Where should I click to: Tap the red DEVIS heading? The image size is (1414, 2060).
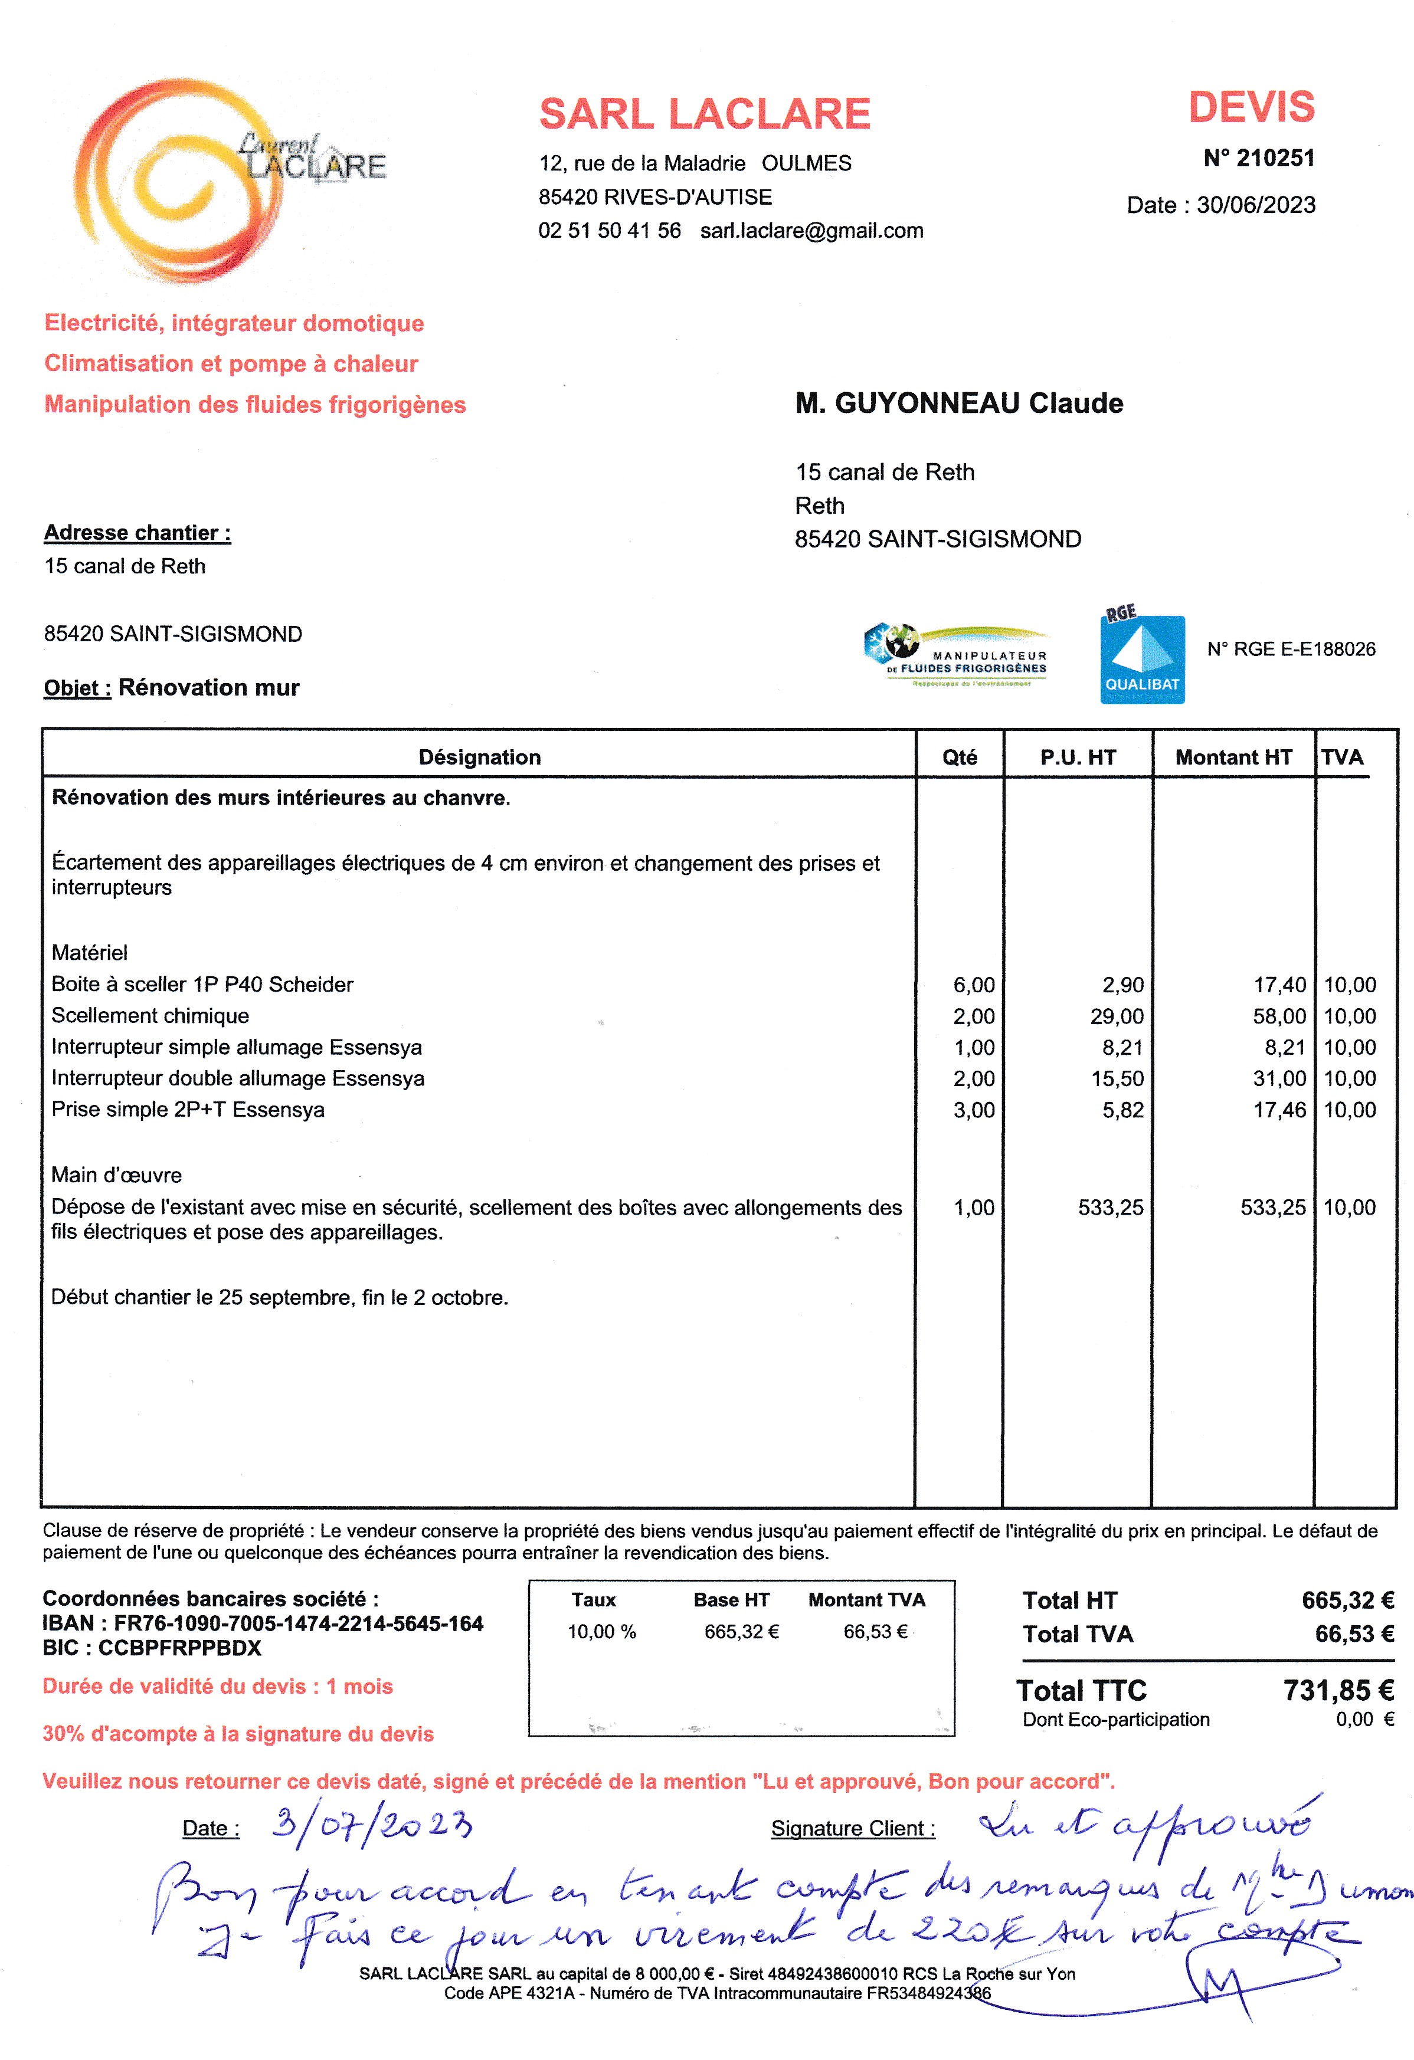point(1251,107)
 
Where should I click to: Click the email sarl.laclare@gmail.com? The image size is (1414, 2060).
point(811,231)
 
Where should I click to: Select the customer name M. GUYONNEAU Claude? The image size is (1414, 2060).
point(958,404)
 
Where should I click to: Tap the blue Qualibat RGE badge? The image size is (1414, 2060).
point(1142,658)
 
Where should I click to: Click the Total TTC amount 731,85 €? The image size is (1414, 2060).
point(1338,1690)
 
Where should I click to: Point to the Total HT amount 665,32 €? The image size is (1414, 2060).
point(1347,1600)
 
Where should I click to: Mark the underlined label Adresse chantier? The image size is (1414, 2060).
point(138,533)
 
